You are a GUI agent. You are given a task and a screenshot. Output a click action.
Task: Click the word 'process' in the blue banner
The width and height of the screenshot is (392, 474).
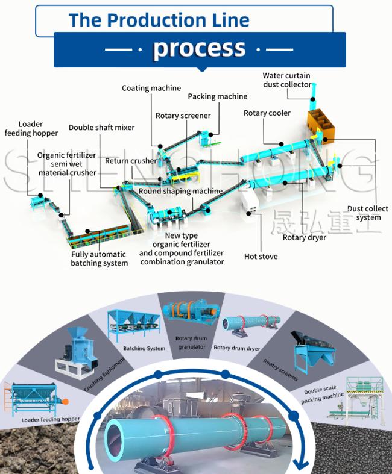coord(199,48)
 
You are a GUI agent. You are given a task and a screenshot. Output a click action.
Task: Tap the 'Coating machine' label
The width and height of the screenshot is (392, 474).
coord(151,88)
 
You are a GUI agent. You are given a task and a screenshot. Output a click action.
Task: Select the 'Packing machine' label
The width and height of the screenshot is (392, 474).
coord(217,96)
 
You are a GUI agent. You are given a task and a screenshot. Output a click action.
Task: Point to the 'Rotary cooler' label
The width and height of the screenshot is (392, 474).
coord(267,113)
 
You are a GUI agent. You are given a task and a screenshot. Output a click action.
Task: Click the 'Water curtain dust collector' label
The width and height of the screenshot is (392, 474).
coord(286,80)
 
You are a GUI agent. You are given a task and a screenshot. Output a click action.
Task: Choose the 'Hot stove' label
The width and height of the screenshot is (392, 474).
coord(261,257)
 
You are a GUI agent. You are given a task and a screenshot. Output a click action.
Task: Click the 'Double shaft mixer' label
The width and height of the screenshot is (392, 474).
coord(101,128)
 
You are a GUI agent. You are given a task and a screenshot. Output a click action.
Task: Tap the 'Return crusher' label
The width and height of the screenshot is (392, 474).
coord(131,161)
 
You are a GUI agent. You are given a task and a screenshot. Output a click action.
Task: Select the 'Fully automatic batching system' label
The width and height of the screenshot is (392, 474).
coord(99,258)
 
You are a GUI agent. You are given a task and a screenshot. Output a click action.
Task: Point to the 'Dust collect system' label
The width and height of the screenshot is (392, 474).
coord(368,213)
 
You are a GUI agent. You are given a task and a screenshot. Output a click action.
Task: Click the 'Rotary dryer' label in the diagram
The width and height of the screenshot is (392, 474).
coord(304,238)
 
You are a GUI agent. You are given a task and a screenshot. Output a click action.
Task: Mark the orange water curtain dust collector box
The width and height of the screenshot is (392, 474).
coord(321,125)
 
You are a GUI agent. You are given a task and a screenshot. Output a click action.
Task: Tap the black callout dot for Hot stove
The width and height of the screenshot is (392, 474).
coord(249,213)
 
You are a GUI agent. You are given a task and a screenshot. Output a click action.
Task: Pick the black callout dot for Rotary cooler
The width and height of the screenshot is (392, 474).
coord(281,144)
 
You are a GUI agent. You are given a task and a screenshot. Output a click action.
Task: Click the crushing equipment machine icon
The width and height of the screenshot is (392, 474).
coord(77,353)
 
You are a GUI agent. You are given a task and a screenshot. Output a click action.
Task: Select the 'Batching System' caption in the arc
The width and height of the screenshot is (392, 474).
coord(144,348)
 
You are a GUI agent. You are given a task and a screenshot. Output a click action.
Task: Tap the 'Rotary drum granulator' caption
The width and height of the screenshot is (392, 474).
coord(192,343)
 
